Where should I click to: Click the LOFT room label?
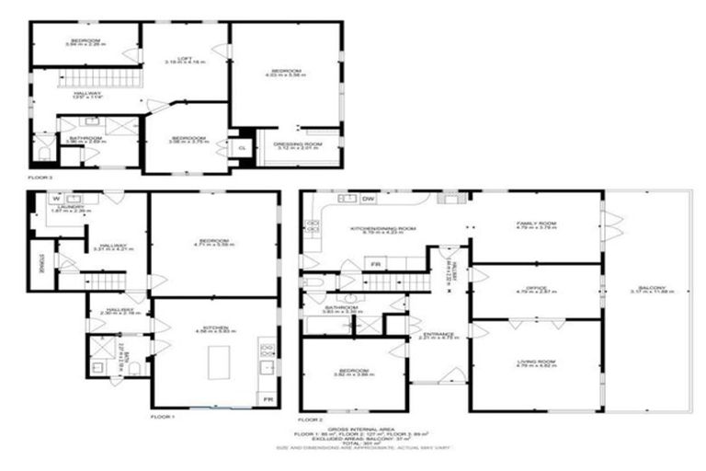click(184, 57)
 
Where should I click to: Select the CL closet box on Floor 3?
click(243, 148)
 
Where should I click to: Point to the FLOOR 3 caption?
click(41, 177)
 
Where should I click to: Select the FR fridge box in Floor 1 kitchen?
click(267, 399)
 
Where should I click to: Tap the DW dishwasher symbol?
click(368, 198)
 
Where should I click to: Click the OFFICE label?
click(536, 287)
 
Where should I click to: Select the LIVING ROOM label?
click(536, 348)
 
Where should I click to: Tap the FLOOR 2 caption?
click(314, 416)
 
